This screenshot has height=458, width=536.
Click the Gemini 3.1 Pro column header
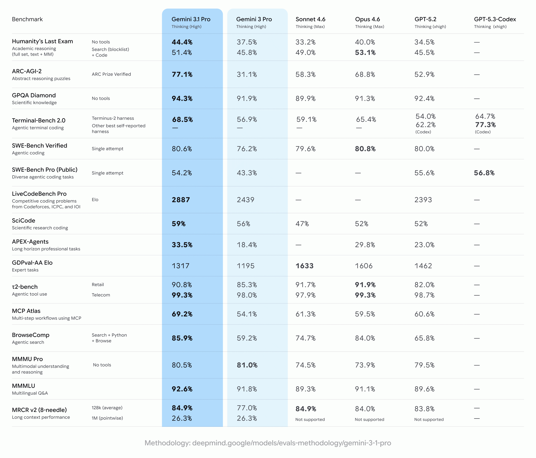tap(191, 19)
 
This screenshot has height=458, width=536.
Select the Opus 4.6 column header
tap(367, 19)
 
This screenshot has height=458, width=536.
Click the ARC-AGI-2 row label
tap(27, 71)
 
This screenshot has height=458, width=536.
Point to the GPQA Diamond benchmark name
tap(34, 95)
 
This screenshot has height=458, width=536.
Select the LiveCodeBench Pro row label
tap(39, 194)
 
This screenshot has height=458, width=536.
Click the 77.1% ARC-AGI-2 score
tap(182, 74)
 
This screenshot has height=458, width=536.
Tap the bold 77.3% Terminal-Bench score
tap(485, 125)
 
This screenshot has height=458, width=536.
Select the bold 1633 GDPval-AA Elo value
tap(304, 266)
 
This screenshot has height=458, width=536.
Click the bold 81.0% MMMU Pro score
tap(247, 365)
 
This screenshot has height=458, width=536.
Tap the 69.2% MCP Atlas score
tap(182, 314)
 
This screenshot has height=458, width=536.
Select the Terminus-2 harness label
tap(113, 118)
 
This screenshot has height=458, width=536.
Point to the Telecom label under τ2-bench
tap(101, 295)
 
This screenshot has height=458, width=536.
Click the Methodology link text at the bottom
tap(268, 443)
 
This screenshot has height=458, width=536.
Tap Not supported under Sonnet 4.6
tap(310, 420)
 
